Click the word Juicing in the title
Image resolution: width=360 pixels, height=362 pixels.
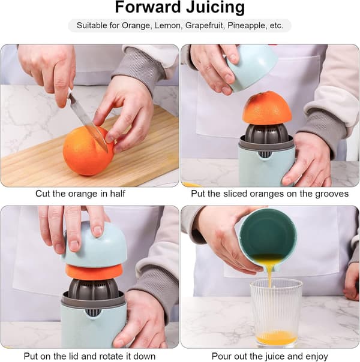pos(215,8)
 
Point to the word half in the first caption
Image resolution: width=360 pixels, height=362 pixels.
pos(118,194)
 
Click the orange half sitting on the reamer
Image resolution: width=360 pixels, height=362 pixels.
pos(267,108)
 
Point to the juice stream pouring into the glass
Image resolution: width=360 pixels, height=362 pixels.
pos(269,276)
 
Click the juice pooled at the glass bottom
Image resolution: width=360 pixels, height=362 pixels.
pos(277,337)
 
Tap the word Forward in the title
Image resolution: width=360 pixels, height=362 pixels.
pos(148,8)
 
